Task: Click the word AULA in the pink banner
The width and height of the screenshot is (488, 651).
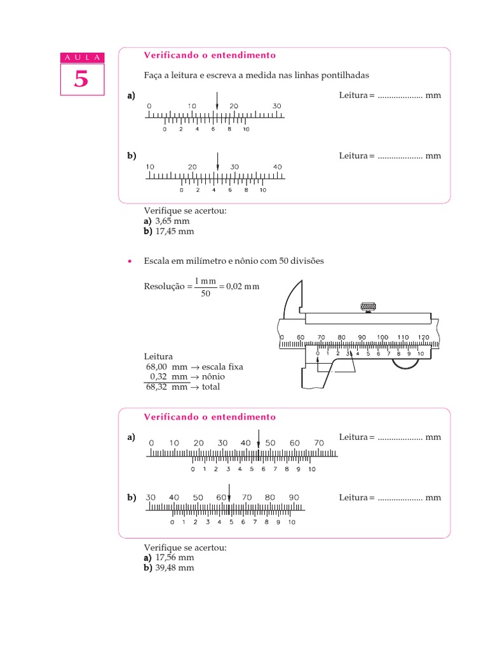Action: [81, 58]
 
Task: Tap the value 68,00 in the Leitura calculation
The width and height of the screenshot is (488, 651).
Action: [158, 367]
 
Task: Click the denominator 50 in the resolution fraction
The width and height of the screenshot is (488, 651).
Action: [205, 294]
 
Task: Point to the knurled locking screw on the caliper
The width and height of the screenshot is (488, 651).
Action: [368, 307]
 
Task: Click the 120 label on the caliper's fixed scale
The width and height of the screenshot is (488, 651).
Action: [423, 337]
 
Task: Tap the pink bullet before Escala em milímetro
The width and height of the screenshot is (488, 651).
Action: [130, 261]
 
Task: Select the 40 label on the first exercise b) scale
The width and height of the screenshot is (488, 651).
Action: [278, 167]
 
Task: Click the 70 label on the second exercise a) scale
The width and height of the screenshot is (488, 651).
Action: [319, 442]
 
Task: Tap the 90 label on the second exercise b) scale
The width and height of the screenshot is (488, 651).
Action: [294, 497]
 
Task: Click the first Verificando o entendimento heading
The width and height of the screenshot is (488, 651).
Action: [210, 55]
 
